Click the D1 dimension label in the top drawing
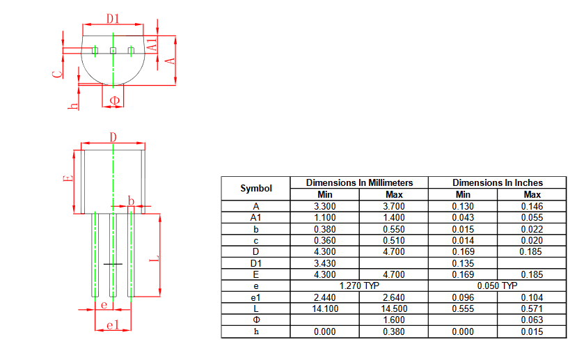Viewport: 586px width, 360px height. tap(113, 18)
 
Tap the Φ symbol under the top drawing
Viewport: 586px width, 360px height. tap(115, 100)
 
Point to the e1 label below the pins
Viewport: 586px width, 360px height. tap(113, 325)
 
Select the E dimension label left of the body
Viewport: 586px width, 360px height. tap(68, 178)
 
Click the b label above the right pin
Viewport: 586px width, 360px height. tap(131, 201)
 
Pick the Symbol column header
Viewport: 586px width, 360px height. tap(256, 188)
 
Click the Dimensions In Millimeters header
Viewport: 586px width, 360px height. tap(360, 182)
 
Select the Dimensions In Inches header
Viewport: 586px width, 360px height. tap(498, 182)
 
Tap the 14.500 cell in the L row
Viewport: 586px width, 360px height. tap(394, 308)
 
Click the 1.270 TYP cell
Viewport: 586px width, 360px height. tap(359, 286)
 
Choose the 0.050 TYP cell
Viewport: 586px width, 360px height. tap(497, 286)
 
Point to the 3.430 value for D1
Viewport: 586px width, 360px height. tap(325, 263)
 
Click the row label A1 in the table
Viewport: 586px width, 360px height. tap(255, 217)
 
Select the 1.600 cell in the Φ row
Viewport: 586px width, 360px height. tap(394, 320)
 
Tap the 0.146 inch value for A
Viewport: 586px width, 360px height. tap(532, 206)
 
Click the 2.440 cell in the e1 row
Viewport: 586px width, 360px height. tap(325, 297)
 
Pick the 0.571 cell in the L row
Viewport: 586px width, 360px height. tap(532, 308)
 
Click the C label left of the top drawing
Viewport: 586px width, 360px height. tap(58, 74)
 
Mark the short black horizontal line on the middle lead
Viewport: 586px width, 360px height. tap(113, 265)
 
